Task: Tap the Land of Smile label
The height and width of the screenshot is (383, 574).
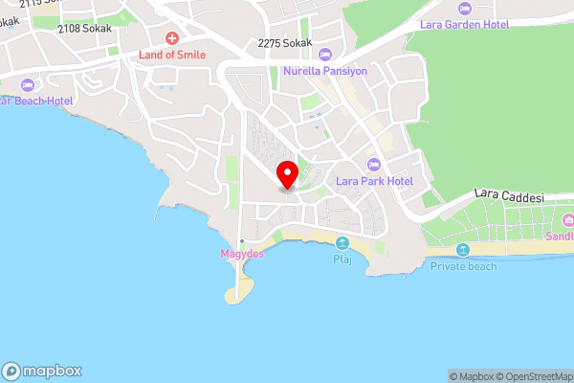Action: click(172, 56)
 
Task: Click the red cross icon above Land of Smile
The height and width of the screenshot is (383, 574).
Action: click(172, 38)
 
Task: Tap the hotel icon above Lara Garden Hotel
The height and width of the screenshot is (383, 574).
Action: click(464, 8)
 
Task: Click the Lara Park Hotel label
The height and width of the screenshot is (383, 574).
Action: click(373, 181)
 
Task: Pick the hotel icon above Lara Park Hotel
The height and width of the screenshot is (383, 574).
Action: click(373, 164)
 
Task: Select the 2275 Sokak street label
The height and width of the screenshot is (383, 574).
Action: click(285, 42)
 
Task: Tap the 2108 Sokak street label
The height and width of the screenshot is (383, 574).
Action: click(84, 29)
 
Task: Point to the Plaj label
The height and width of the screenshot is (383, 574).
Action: click(342, 259)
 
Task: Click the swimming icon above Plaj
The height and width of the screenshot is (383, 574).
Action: click(342, 243)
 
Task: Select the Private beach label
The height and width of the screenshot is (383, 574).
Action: click(463, 266)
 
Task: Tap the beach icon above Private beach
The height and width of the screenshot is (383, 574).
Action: click(463, 250)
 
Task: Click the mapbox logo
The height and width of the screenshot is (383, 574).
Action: click(42, 371)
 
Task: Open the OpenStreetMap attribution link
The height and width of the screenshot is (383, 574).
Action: click(530, 376)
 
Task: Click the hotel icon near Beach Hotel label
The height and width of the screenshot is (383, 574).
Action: click(26, 84)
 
